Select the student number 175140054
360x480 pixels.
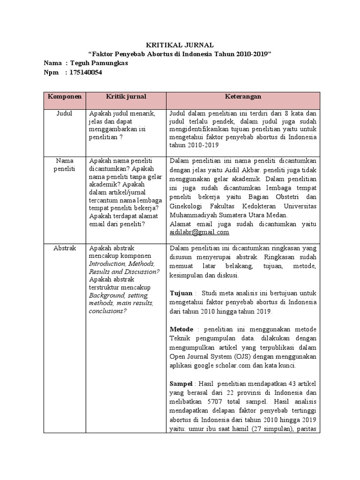[85, 72]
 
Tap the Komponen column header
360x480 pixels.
[64, 97]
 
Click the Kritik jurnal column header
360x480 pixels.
[125, 97]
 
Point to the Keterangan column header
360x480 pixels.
[242, 97]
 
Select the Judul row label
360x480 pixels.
[64, 114]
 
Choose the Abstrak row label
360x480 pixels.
[64, 248]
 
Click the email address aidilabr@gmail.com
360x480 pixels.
[199, 232]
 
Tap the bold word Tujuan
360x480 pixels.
[180, 293]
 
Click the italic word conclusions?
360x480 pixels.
[107, 311]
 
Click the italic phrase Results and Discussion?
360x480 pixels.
[124, 272]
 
